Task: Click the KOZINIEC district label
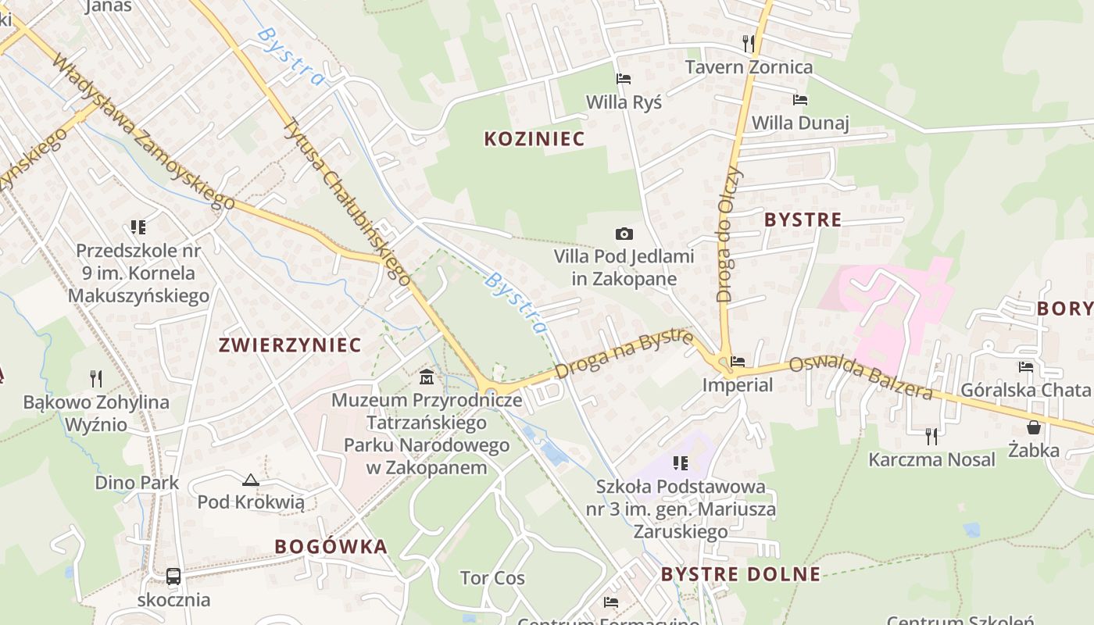click(x=534, y=139)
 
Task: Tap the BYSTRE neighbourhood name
click(x=803, y=220)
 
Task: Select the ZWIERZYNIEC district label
click(x=290, y=345)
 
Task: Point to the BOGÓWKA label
click(x=331, y=546)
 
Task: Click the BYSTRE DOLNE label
click(x=741, y=575)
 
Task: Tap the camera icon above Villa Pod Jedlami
click(x=624, y=234)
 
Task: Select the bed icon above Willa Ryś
click(x=624, y=79)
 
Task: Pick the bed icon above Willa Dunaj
click(x=800, y=100)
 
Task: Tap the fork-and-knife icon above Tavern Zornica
click(x=749, y=43)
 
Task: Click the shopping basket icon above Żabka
click(x=1034, y=427)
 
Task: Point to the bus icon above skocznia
click(x=173, y=577)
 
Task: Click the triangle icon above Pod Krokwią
click(x=251, y=480)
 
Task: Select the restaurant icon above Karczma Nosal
click(x=931, y=436)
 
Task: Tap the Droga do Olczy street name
click(x=728, y=234)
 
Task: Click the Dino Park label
click(x=137, y=483)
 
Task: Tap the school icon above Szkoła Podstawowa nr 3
click(x=681, y=463)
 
